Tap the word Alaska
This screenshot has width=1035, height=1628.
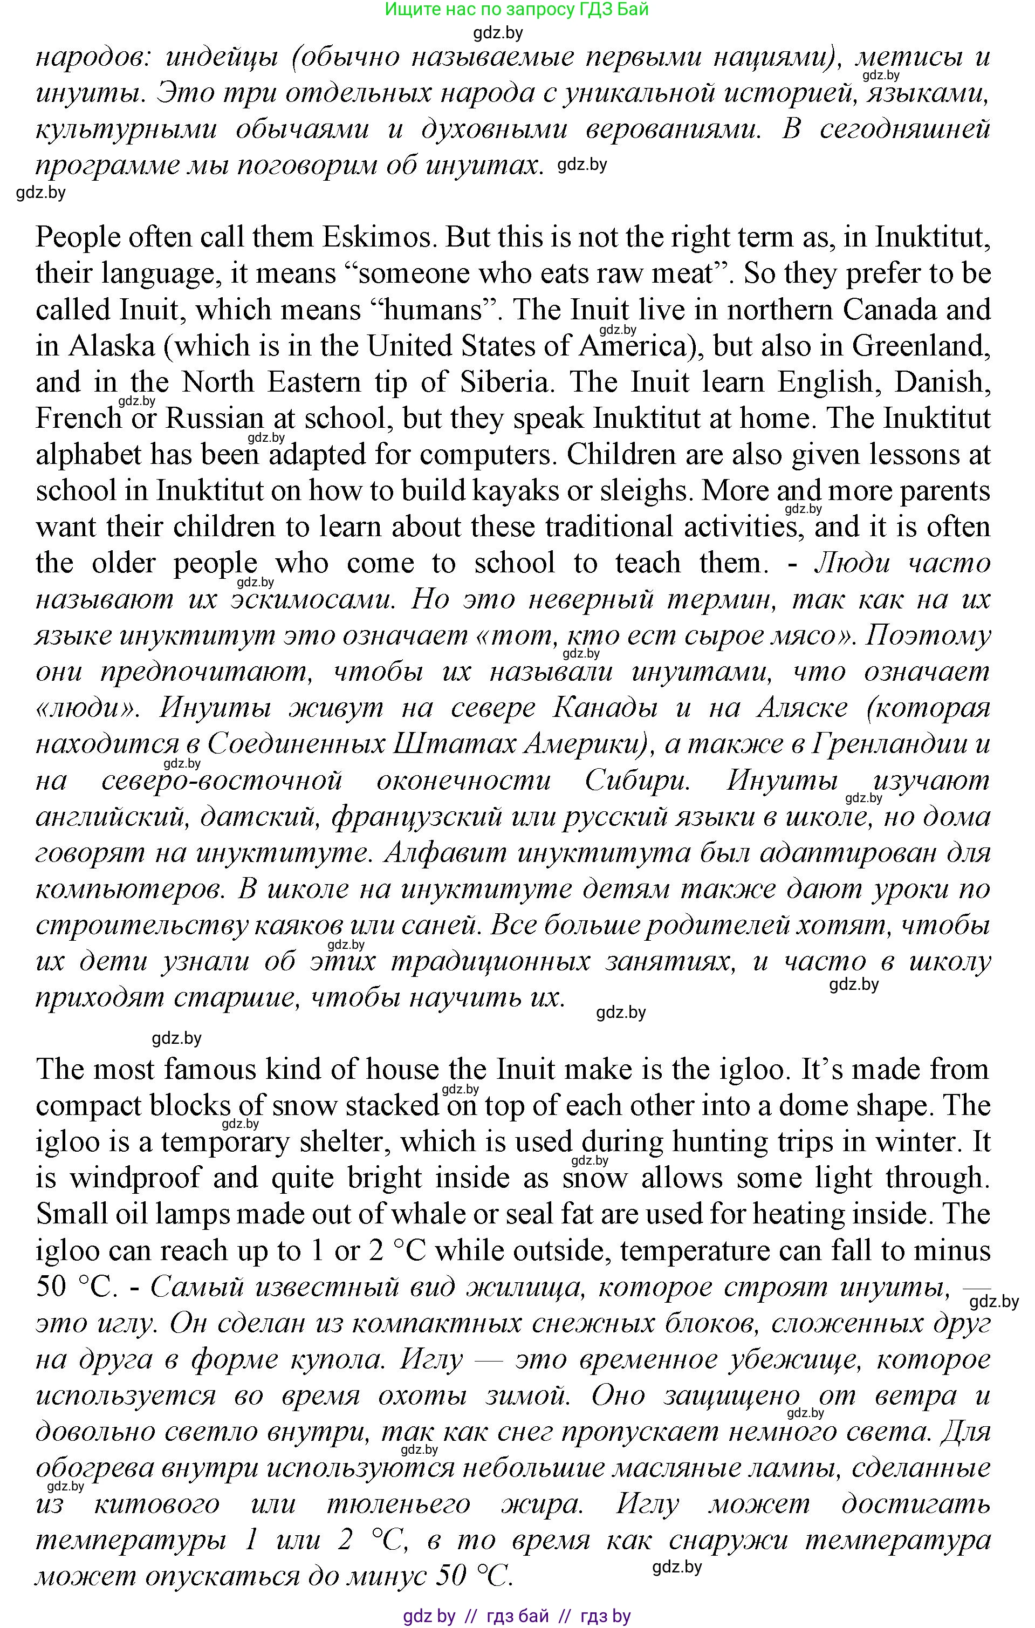112,347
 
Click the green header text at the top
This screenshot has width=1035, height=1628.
517,10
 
